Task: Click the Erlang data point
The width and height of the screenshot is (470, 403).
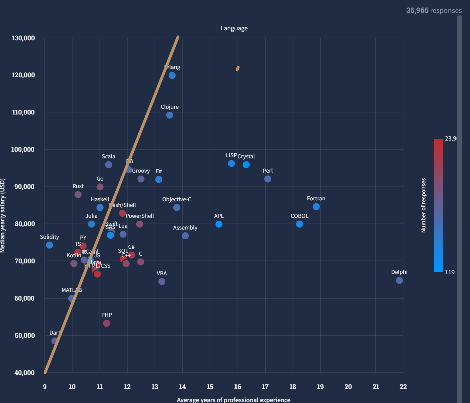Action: coord(172,75)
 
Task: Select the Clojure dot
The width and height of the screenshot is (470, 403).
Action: coord(169,115)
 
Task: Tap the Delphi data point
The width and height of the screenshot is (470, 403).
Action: coord(399,280)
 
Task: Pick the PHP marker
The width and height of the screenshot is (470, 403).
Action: coord(106,323)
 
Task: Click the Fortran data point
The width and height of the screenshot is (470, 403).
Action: coord(316,207)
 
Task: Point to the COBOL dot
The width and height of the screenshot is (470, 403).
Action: coord(299,224)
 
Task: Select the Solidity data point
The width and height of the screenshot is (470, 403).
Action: coord(50,245)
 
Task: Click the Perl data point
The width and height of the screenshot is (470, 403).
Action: coord(268,179)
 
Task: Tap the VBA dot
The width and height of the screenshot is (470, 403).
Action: coord(162,282)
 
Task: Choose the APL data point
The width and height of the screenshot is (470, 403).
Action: coord(219,224)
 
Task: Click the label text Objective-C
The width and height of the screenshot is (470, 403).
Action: coord(177,199)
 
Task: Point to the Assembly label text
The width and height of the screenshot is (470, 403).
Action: coord(185,228)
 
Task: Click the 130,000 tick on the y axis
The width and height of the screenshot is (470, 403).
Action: coord(23,38)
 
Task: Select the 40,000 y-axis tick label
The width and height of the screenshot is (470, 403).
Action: coord(25,372)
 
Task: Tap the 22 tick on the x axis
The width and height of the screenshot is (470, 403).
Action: coord(403,387)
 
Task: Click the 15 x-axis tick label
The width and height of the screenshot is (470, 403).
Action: coord(210,387)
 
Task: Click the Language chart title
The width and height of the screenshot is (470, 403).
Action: coord(234,28)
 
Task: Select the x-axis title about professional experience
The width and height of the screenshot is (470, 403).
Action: coord(234,400)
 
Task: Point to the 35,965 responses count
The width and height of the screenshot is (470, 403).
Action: coord(434,11)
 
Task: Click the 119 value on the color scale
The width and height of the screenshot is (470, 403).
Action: coord(450,272)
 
